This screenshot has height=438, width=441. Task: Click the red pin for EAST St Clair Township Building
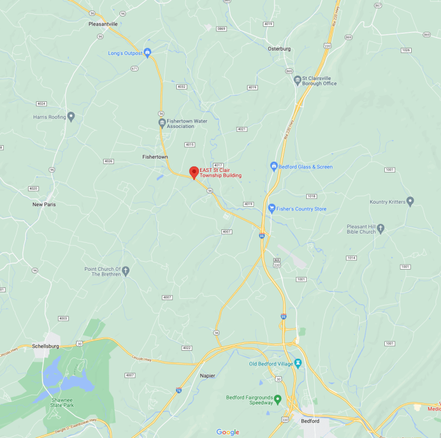(x=194, y=172)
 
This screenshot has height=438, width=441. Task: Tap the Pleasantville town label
(x=102, y=24)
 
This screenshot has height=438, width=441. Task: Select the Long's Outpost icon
(x=147, y=53)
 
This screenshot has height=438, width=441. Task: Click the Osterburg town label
(x=279, y=48)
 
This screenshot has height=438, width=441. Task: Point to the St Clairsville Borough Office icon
(x=298, y=79)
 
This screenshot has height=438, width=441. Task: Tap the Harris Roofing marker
(x=71, y=116)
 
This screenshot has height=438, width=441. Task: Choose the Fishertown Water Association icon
(x=162, y=122)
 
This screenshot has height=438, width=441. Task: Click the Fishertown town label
(x=155, y=157)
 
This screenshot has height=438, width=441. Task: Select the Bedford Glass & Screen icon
(x=274, y=166)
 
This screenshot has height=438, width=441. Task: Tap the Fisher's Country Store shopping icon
(x=272, y=209)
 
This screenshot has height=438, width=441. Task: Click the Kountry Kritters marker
(x=410, y=201)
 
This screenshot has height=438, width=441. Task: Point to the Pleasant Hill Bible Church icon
(x=381, y=229)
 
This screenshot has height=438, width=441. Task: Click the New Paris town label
(x=44, y=204)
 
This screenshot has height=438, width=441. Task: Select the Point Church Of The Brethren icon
(x=126, y=271)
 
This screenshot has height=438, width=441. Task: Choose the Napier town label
(x=207, y=375)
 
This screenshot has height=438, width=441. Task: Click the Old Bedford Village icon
(x=298, y=364)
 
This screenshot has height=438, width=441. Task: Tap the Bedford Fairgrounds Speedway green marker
(x=278, y=400)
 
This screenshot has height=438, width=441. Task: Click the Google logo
(x=228, y=432)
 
